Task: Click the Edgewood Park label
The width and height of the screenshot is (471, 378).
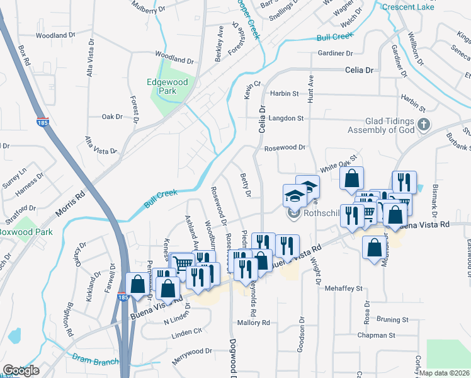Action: click(167, 86)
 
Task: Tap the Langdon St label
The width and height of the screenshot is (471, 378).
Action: click(286, 118)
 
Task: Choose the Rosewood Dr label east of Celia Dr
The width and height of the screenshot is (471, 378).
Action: click(285, 148)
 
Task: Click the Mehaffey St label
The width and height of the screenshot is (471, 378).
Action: click(345, 288)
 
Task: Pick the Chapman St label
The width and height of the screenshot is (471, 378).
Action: click(374, 336)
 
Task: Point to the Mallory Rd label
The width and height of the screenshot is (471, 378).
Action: click(254, 323)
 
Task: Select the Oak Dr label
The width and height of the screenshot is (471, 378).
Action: click(111, 117)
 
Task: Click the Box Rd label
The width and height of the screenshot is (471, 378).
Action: click(25, 55)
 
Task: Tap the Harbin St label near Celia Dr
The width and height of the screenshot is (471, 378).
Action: click(284, 93)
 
